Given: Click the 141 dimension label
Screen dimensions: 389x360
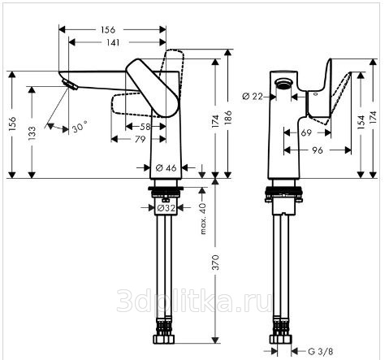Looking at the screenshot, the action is [x=113, y=42].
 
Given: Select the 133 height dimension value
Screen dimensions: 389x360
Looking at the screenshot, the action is [x=32, y=132].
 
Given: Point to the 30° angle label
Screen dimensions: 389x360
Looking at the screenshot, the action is [x=80, y=127].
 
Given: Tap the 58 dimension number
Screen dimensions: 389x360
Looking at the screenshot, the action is [x=145, y=127].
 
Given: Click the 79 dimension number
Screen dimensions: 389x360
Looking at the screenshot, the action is [x=140, y=139].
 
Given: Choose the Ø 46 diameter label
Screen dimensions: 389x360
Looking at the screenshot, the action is [x=166, y=168].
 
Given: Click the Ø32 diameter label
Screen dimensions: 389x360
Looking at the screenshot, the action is [x=166, y=208].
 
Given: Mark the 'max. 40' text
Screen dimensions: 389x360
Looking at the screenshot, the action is [x=203, y=219].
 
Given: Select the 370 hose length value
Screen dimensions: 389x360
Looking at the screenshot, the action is [x=215, y=262].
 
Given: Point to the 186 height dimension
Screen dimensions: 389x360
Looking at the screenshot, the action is [x=228, y=117].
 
